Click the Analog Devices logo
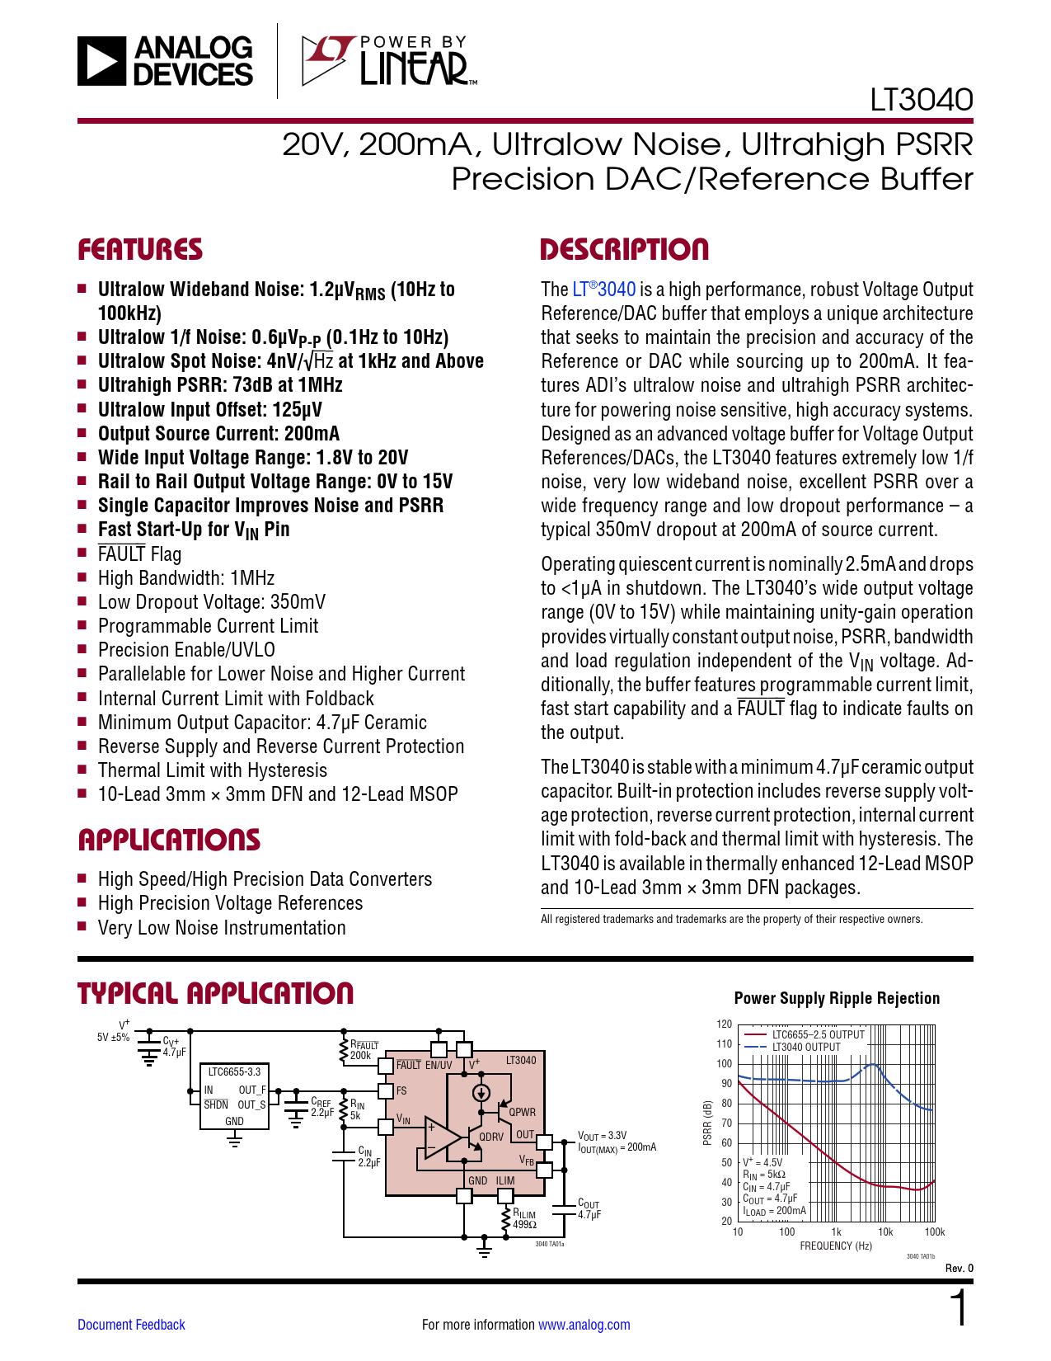[165, 61]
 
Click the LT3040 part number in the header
[921, 100]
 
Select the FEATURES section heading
[140, 250]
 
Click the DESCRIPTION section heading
[624, 250]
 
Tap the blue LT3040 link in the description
[604, 290]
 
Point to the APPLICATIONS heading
[169, 841]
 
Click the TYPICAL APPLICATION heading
[215, 994]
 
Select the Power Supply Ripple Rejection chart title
[837, 998]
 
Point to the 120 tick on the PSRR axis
[724, 1024]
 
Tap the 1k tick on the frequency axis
[836, 1232]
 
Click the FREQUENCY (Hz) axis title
[835, 1246]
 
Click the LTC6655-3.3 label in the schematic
[234, 1072]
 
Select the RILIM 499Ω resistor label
[524, 1218]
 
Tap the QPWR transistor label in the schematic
[522, 1112]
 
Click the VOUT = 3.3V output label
[602, 1136]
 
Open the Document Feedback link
[131, 1325]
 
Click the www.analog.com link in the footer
[584, 1325]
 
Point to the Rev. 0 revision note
[959, 1268]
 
